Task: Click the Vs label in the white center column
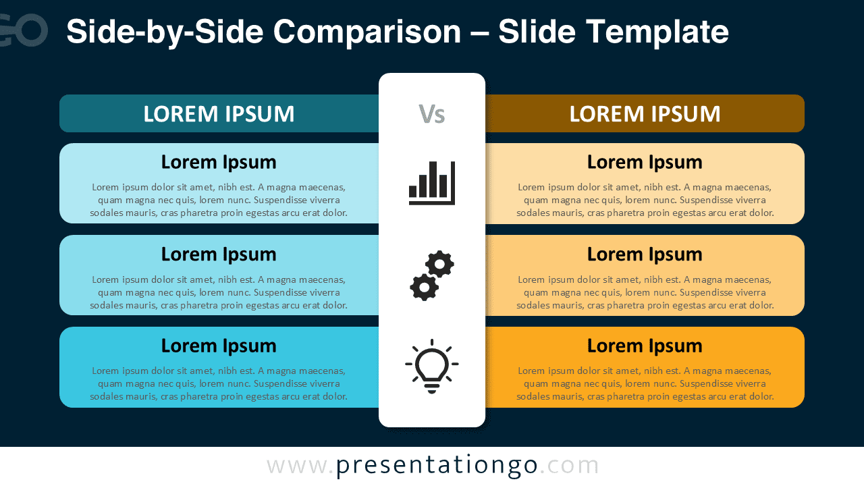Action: tap(432, 114)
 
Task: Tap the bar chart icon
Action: tap(432, 183)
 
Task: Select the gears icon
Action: tap(432, 275)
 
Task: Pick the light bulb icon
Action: tap(432, 367)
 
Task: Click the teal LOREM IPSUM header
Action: tap(219, 114)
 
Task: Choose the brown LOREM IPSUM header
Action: tap(645, 114)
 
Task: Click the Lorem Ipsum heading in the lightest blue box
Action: tap(219, 162)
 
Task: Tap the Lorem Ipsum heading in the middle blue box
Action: tap(219, 254)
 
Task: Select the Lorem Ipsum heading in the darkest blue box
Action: tap(219, 346)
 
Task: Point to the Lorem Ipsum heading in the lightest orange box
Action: tap(645, 162)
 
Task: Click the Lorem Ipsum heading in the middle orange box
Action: tap(645, 254)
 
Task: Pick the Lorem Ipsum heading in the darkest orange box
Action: tap(645, 346)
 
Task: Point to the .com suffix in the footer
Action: tap(570, 466)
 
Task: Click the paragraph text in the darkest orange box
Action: tap(645, 383)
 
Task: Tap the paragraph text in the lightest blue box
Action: tap(219, 200)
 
